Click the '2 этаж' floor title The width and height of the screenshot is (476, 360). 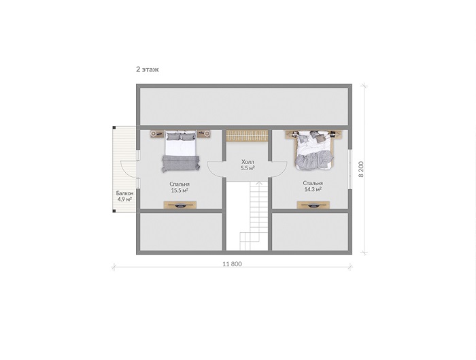pos(148,69)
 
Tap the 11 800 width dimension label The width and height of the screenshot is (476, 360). pos(233,264)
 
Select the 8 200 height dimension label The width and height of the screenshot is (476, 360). pos(361,169)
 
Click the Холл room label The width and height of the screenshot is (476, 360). pos(248,162)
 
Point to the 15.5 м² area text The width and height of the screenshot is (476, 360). pos(180,191)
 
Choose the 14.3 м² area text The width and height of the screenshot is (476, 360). pos(313,190)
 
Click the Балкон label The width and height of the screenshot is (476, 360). pos(124,193)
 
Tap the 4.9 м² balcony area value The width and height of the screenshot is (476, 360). pos(124,199)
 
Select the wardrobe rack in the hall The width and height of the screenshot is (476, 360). pos(247,136)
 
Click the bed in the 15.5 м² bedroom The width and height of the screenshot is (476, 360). pos(181,151)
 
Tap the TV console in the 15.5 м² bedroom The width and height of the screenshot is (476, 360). pos(180,205)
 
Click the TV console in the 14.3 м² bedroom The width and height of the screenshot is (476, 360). pos(313,205)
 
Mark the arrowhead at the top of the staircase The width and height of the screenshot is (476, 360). pos(259,183)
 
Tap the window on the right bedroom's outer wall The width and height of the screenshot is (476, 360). pos(350,169)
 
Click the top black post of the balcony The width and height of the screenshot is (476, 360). pos(114,128)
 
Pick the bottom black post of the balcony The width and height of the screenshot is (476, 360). pos(114,211)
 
